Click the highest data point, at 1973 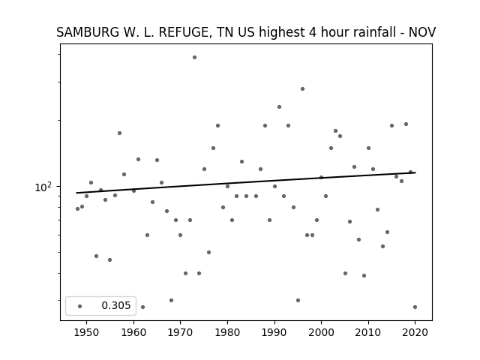[x=194, y=57]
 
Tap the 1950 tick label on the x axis [x=87, y=332]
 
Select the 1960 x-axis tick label [x=133, y=332]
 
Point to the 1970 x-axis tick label [x=180, y=332]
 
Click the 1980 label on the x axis [x=227, y=332]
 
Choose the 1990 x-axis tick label [x=274, y=332]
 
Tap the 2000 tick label [x=321, y=332]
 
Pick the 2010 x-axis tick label [x=368, y=332]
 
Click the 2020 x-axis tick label [x=415, y=332]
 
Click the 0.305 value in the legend [x=116, y=305]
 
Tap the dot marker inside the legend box [x=79, y=306]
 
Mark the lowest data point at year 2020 [x=415, y=307]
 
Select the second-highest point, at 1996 [x=302, y=88]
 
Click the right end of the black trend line [x=415, y=172]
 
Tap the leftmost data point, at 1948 [x=77, y=208]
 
